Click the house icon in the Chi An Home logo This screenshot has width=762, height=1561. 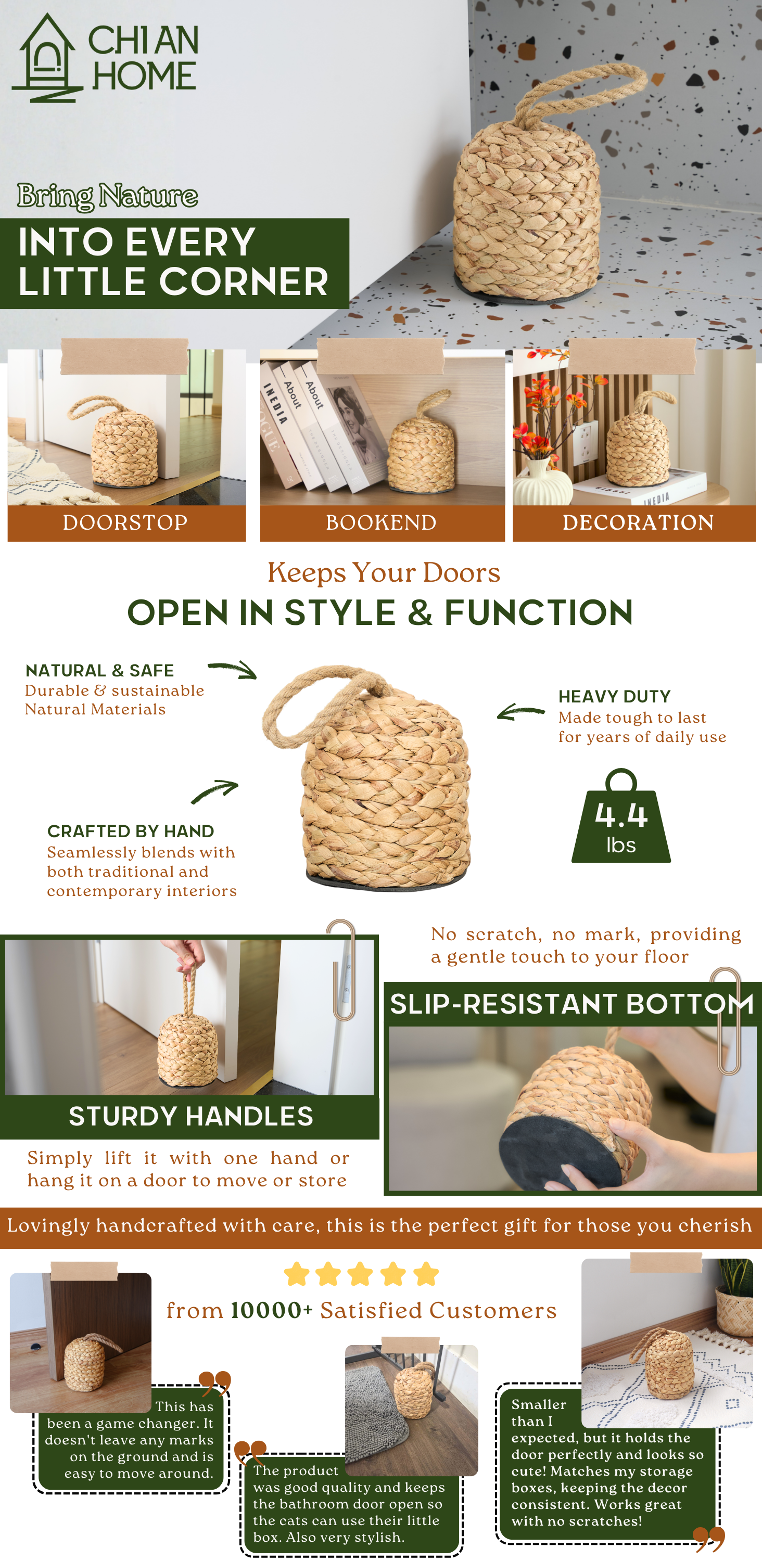[x=47, y=59]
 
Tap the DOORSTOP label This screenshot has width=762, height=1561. [x=125, y=522]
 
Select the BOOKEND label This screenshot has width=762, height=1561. [x=382, y=522]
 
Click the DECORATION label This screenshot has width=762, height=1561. [x=638, y=522]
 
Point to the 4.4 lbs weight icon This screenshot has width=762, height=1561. [x=621, y=816]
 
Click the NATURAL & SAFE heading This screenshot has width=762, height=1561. [x=99, y=670]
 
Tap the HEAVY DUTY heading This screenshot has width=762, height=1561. [x=615, y=696]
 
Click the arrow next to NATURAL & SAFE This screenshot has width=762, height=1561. [x=233, y=669]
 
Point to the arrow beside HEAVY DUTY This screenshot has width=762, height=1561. [x=520, y=711]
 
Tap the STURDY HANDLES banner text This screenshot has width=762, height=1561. [x=191, y=1116]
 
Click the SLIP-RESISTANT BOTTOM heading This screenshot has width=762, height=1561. [x=571, y=1004]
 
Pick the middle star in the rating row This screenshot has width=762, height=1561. [x=361, y=1274]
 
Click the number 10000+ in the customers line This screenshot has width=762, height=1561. [x=272, y=1310]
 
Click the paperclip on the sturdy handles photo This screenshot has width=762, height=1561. [x=341, y=969]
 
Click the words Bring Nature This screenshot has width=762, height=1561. [x=107, y=196]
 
